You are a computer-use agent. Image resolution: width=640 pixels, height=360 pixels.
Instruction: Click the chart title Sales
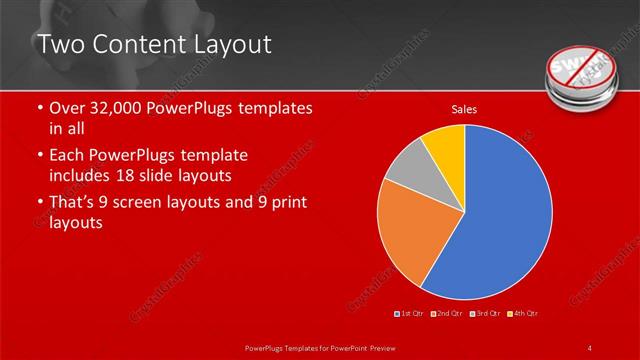463,109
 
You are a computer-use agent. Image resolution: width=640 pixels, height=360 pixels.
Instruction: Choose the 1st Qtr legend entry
411,313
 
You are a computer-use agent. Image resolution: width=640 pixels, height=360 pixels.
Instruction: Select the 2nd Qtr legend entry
445,313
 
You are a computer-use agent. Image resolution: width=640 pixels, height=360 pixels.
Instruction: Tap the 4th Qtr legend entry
521,313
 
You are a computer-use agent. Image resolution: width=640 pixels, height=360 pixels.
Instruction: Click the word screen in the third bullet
161,203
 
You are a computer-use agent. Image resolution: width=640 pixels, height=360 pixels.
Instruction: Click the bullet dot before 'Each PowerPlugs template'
38,156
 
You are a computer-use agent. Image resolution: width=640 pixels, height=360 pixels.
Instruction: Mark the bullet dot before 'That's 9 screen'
38,203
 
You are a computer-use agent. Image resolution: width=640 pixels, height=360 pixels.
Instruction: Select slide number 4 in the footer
590,347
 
